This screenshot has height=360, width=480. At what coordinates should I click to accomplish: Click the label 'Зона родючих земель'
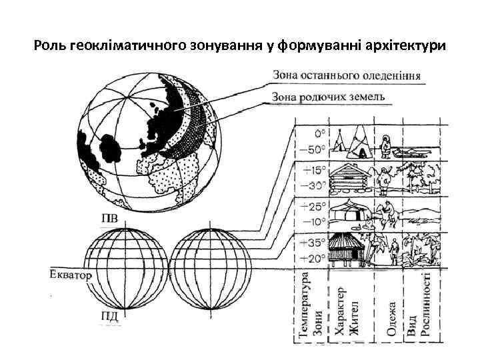click(329, 97)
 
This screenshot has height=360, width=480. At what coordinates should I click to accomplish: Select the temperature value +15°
click(313, 171)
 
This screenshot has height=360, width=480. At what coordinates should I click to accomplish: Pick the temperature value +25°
click(313, 207)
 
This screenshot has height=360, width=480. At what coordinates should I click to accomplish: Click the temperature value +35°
click(313, 243)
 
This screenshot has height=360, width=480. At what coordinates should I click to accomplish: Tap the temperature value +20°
click(313, 257)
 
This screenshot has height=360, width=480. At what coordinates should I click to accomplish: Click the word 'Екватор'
click(69, 274)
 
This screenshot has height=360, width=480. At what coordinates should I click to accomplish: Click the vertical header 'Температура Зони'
click(312, 307)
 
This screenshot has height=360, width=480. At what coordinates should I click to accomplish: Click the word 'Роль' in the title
click(49, 47)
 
